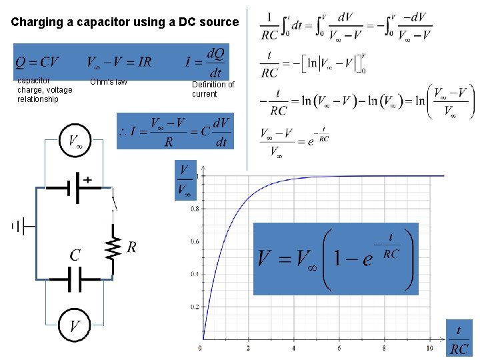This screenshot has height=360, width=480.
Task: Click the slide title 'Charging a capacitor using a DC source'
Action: (x=125, y=22)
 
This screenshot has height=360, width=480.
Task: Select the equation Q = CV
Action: (x=37, y=63)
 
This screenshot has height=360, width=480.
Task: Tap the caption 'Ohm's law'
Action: (x=109, y=82)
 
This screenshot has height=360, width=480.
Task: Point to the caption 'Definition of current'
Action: (x=213, y=89)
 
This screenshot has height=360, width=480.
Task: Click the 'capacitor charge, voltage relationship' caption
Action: (x=45, y=90)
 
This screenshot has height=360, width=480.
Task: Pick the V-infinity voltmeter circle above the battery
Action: (x=75, y=141)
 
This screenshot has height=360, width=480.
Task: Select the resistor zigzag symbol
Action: (x=114, y=247)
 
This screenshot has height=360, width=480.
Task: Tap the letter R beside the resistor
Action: (x=131, y=247)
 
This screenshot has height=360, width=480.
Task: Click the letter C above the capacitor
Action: (x=75, y=255)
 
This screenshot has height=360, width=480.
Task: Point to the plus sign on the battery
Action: (x=88, y=179)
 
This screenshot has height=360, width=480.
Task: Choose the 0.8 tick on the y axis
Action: (x=195, y=209)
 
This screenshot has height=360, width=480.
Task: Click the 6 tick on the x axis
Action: (x=339, y=349)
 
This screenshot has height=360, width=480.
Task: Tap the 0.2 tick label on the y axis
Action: (x=195, y=307)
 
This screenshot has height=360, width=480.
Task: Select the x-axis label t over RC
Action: (x=459, y=339)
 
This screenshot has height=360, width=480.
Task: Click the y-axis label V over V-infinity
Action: (x=184, y=181)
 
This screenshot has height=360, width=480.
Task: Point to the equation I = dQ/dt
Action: (x=207, y=63)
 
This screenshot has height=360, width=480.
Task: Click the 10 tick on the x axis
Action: (x=430, y=349)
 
